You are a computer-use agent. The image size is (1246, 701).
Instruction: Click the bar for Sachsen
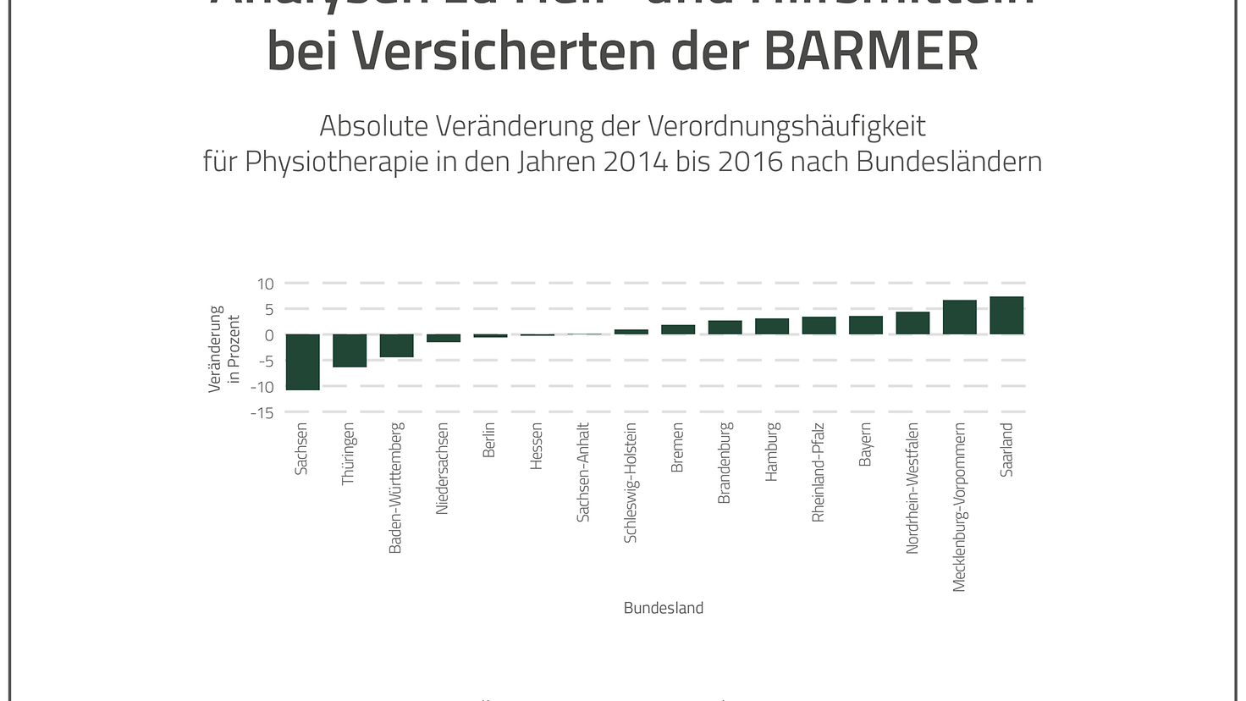[302, 362]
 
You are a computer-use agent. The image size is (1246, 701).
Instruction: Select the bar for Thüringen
[350, 350]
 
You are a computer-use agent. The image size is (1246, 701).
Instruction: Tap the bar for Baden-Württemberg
[396, 345]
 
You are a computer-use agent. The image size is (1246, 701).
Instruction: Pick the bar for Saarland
[1006, 316]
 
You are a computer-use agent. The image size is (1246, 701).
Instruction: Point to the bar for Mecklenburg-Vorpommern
[959, 317]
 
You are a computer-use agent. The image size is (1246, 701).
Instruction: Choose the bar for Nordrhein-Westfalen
[912, 323]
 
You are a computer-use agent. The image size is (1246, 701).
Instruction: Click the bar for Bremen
[678, 329]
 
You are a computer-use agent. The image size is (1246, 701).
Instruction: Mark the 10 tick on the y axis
[266, 284]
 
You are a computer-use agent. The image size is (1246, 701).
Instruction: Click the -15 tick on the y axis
[262, 413]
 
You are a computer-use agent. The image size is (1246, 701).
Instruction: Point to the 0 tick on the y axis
[269, 335]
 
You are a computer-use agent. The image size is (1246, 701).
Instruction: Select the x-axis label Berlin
[489, 440]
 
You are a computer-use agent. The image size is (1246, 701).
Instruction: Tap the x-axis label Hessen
[537, 446]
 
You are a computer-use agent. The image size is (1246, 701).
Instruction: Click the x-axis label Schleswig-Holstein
[631, 483]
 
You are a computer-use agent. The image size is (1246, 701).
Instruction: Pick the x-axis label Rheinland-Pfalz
[819, 472]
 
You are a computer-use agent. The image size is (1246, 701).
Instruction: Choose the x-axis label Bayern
[865, 444]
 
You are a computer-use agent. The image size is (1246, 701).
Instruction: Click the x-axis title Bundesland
[664, 608]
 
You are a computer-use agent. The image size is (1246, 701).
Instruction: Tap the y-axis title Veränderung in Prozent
[225, 349]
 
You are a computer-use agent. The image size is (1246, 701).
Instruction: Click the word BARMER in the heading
[871, 51]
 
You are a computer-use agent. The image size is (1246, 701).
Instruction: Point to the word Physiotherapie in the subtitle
[337, 161]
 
